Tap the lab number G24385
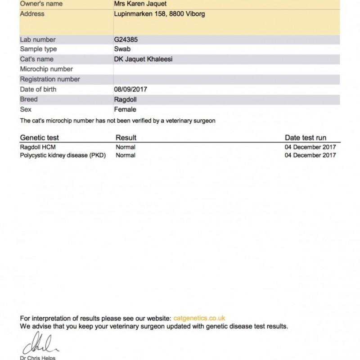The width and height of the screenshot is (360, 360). [x=127, y=40]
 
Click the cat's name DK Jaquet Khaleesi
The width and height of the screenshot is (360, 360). [x=144, y=59]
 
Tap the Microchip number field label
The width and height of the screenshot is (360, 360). [x=47, y=69]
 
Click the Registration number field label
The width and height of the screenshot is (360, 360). [x=50, y=79]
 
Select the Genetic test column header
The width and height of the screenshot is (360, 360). [x=40, y=138]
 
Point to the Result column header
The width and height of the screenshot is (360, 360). [x=126, y=138]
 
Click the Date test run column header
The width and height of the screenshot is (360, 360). [x=306, y=138]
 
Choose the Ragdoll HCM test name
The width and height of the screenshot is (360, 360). [x=38, y=147]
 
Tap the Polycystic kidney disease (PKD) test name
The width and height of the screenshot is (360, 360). [x=63, y=156]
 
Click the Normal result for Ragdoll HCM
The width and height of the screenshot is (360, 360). [x=126, y=147]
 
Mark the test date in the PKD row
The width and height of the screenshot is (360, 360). [x=310, y=156]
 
